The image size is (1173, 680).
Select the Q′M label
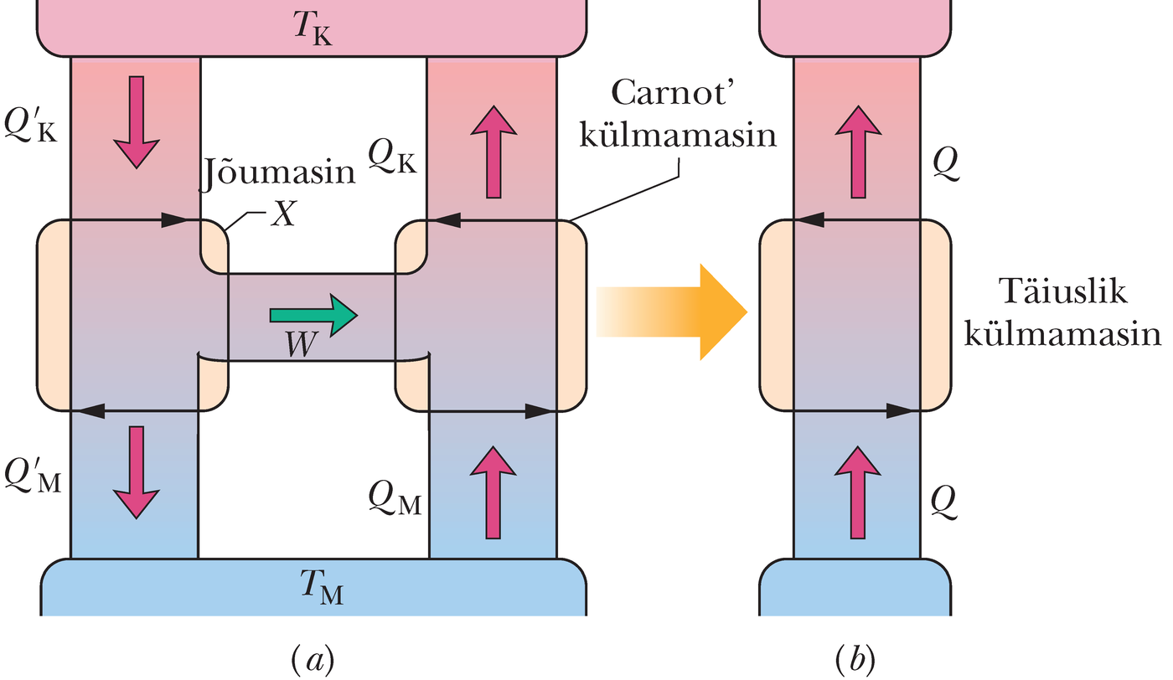pyautogui.click(x=34, y=479)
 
